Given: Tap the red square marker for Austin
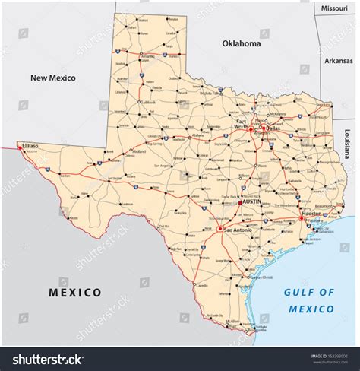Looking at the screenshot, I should pyautogui.click(x=240, y=203).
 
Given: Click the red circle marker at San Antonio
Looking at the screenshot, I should pyautogui.click(x=221, y=229).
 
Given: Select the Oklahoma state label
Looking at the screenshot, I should pyautogui.click(x=241, y=44).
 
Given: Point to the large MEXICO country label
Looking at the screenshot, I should pyautogui.click(x=75, y=292).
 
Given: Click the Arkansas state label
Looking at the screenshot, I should pyautogui.click(x=338, y=60).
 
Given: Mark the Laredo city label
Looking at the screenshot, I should pyautogui.click(x=201, y=285).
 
